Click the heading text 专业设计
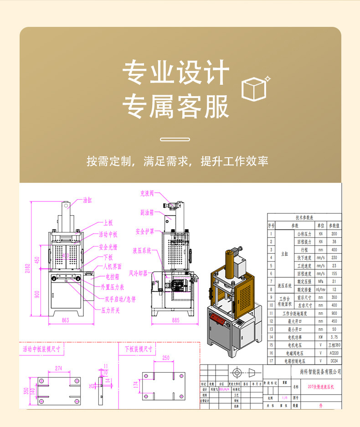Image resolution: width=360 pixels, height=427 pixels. tap(176, 73)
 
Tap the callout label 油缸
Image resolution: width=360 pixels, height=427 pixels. tap(87, 200)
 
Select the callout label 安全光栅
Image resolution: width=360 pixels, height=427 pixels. tap(108, 247)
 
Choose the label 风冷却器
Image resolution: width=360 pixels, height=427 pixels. tap(138, 273)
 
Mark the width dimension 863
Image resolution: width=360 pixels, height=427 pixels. tap(65, 320)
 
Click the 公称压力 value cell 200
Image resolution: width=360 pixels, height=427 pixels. tap(334, 233)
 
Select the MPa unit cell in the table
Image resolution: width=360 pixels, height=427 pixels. tap(321, 281)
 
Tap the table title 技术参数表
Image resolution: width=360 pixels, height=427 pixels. tap(304, 217)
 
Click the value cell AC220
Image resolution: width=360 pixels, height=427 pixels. tap(334, 353)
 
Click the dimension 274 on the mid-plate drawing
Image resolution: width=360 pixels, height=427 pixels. tap(58, 368)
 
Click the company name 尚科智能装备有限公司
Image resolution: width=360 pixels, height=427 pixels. tap(320, 372)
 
